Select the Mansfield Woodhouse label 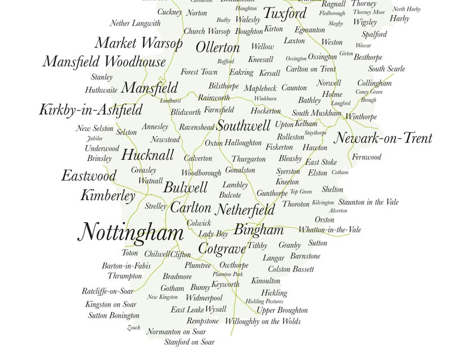point(104,62)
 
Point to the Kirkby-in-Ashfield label point(90,110)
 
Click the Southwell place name point(243,126)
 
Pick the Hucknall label point(147,155)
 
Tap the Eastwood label point(88,176)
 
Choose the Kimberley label point(108,196)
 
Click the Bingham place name point(258,230)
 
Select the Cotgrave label point(222,248)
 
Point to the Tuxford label point(285,13)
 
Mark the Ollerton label point(218,47)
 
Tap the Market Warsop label point(138,43)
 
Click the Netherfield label point(245,210)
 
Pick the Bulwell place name point(185,188)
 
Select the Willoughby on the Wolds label point(262,321)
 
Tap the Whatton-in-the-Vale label point(329,230)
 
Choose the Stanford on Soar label point(189,342)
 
